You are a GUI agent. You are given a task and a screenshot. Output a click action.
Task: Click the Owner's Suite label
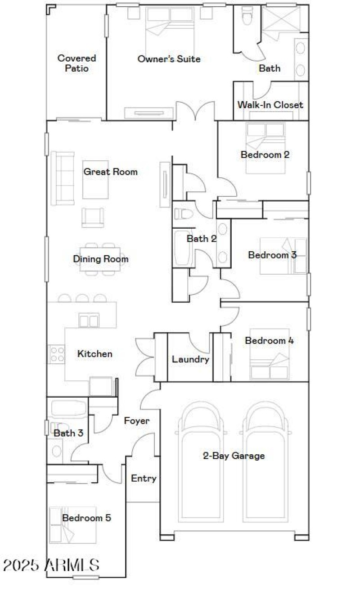pyautogui.click(x=169, y=59)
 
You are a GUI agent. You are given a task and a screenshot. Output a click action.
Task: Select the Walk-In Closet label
pyautogui.click(x=270, y=105)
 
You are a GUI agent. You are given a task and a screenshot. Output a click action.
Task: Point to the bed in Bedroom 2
pyautogui.click(x=265, y=147)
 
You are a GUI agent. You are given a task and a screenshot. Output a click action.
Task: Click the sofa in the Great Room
pyautogui.click(x=63, y=178)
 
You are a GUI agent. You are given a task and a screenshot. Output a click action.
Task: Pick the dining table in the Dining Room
pyautogui.click(x=100, y=259)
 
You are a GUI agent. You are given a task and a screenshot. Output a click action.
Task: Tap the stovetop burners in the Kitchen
pyautogui.click(x=56, y=354)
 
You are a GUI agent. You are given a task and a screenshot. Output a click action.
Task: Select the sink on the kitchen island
pyautogui.click(x=88, y=321)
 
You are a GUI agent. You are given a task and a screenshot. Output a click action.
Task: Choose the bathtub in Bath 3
pyautogui.click(x=67, y=408)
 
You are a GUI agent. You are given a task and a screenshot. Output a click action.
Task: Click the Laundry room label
pyautogui.click(x=190, y=359)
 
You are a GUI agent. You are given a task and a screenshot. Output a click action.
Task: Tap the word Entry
pyautogui.click(x=144, y=478)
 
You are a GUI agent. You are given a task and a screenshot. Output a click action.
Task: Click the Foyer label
pyautogui.click(x=137, y=421)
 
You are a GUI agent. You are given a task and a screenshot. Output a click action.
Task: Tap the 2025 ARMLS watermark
pyautogui.click(x=51, y=565)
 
